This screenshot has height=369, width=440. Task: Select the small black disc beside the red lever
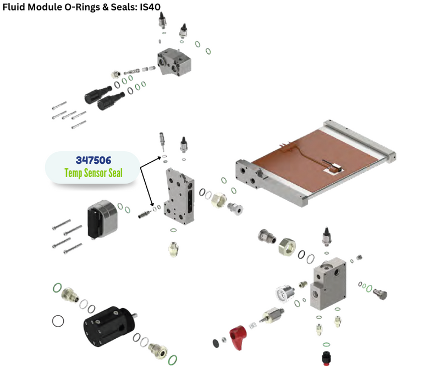(x=216, y=344)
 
